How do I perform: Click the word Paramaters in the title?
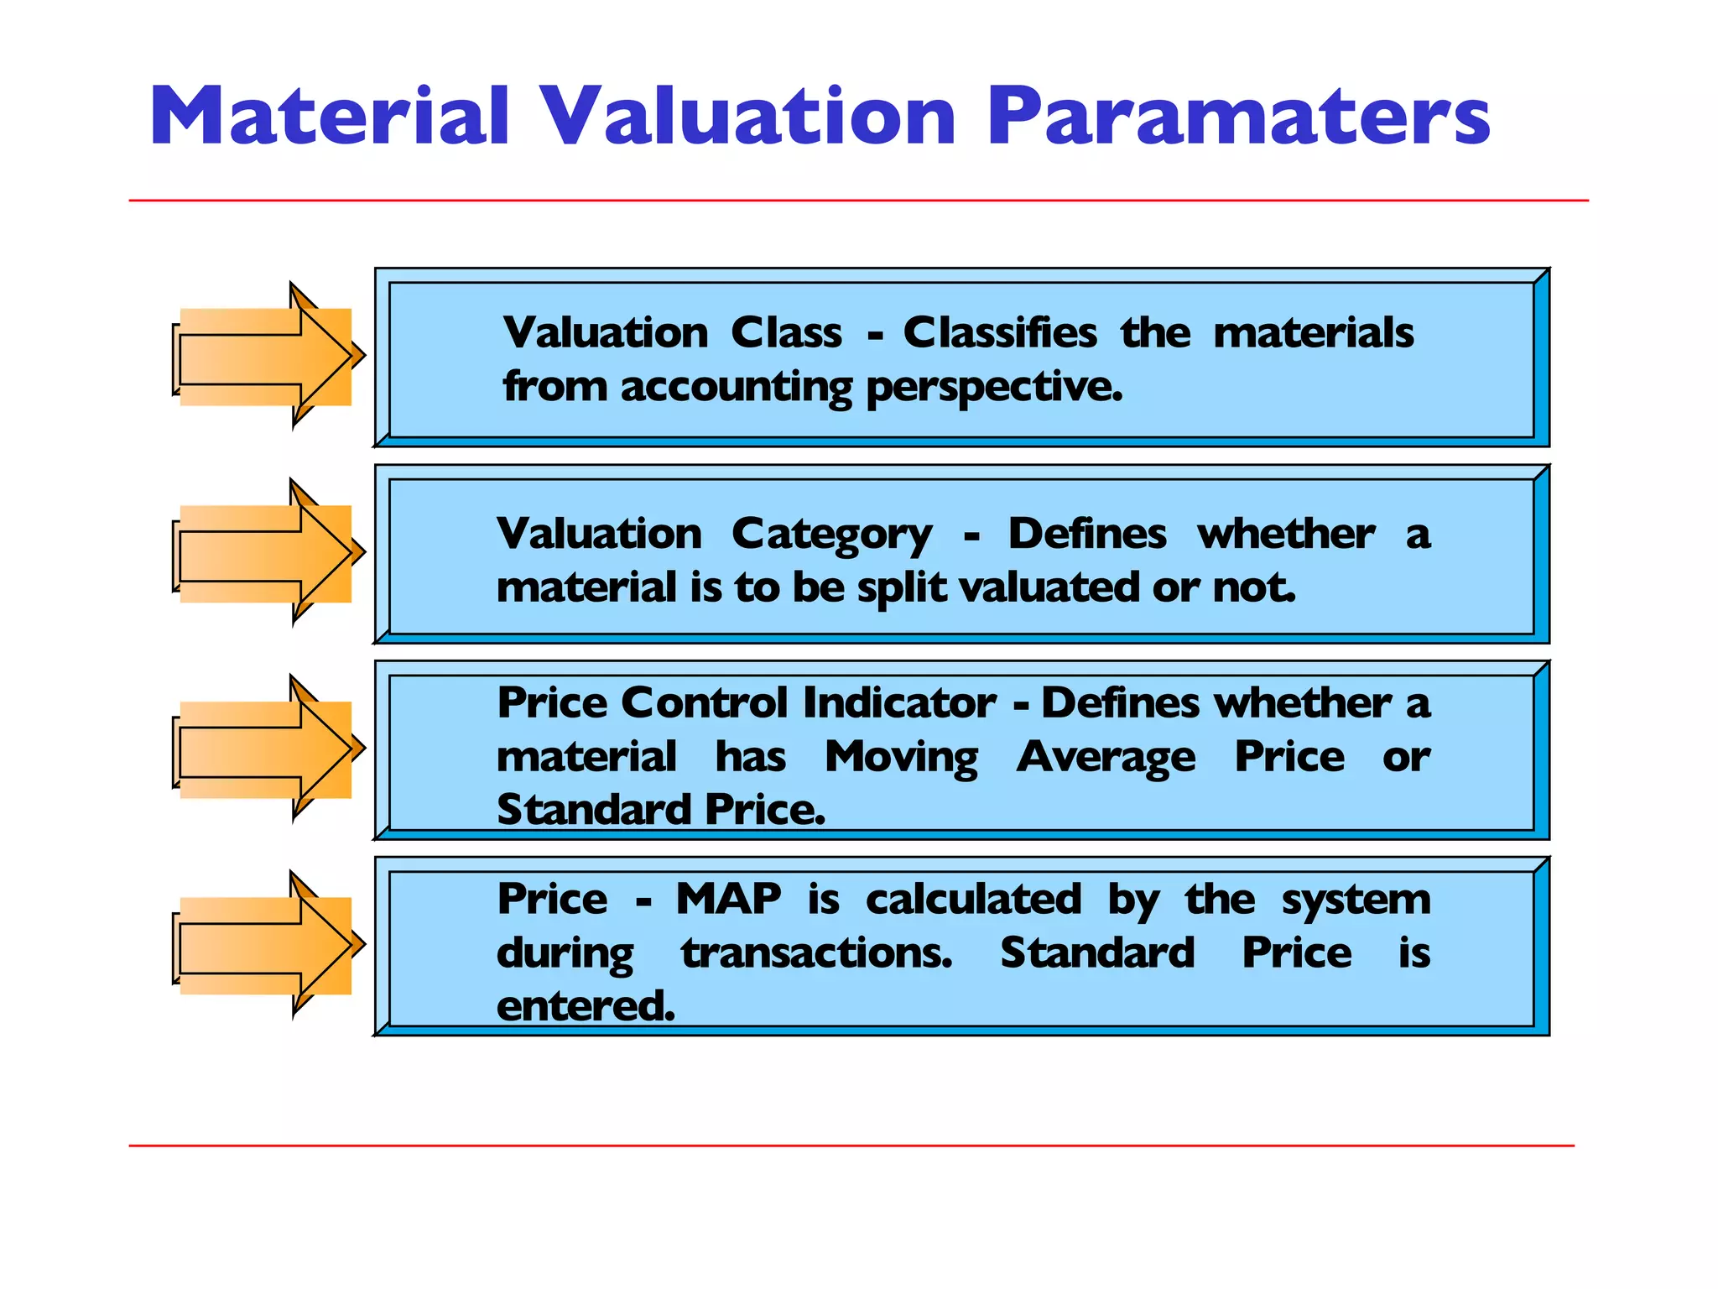pos(1237,117)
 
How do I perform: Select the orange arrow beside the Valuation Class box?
pos(267,357)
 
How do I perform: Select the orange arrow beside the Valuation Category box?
pos(267,554)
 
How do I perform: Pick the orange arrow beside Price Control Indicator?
pos(267,749)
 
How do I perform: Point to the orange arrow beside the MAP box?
pos(267,946)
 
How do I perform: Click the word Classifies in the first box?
pos(999,332)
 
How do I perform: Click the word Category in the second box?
pos(830,535)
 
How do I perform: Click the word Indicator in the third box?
pos(898,702)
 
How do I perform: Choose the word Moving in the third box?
pos(901,758)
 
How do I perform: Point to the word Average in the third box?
pos(1106,758)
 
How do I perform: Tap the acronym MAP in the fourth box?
pos(728,899)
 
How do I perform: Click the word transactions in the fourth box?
pos(816,953)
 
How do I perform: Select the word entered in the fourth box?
pos(585,1006)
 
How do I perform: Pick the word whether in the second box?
pos(1285,534)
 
